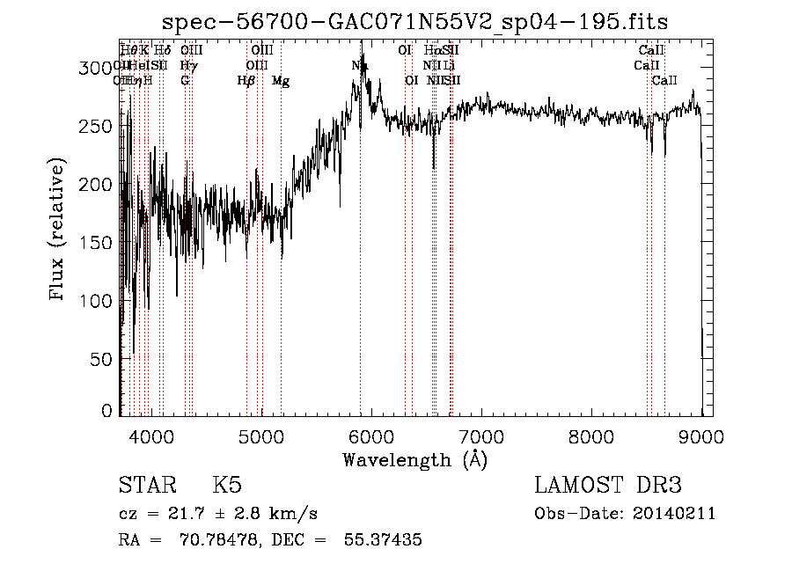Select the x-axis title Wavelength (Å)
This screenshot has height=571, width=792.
point(415,459)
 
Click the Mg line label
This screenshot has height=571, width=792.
point(281,81)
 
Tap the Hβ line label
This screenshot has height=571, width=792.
point(246,81)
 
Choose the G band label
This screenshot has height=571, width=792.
point(185,81)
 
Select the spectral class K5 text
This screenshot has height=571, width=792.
point(227,486)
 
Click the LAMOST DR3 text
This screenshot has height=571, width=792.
point(607,486)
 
